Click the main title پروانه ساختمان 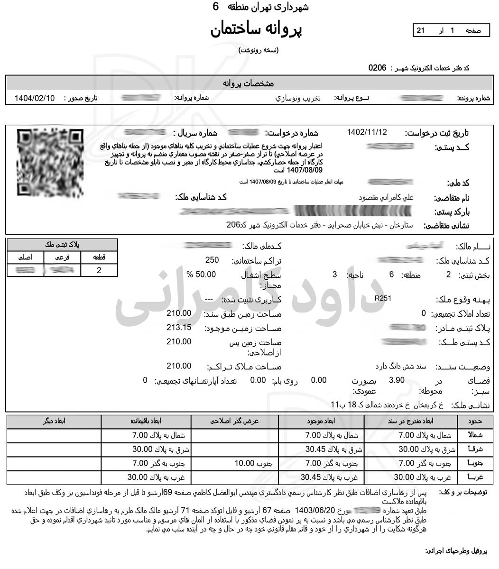coord(256,29)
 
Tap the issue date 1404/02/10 coord(35,99)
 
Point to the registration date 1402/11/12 coord(367,132)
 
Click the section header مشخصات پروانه coord(249,83)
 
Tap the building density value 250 coord(212,260)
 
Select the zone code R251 coord(383,298)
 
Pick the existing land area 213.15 coord(179,327)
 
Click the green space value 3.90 coord(397,380)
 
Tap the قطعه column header coord(99,257)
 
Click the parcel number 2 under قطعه coord(99,270)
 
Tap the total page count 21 coord(420,31)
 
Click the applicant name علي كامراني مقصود coord(386,198)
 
